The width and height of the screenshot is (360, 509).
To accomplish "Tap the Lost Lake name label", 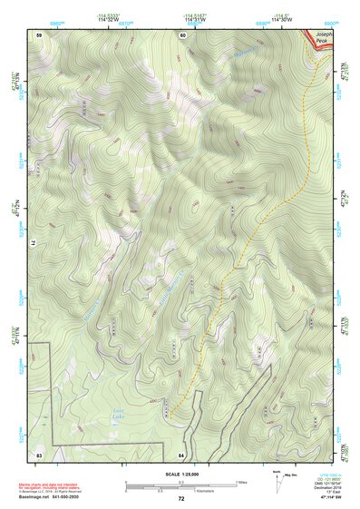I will pos(118,411).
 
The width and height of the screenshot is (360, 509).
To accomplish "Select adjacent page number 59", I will pos(39,34).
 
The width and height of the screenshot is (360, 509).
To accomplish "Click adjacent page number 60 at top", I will pos(182,34).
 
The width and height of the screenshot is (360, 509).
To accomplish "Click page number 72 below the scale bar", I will pos(181,498).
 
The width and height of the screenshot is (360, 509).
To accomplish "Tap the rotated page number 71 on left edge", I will pos(37,243).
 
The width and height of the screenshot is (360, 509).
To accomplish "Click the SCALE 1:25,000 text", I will pos(180,474).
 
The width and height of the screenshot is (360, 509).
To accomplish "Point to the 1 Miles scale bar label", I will pos(240,481).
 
